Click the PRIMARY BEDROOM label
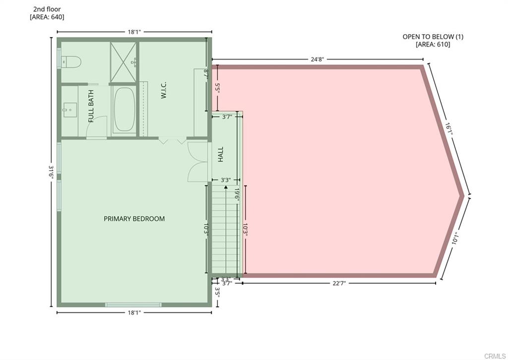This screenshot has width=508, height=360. pos(134,219)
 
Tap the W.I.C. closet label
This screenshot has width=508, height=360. pos(164,90)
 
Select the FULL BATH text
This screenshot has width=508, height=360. pos(91,110)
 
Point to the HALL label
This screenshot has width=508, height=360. pos(221,154)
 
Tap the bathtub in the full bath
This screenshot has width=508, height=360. pos(124,110)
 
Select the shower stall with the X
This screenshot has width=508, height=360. pos(124,61)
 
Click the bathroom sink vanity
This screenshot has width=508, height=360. pos(69,110)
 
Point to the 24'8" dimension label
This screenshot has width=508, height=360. pos(317,60)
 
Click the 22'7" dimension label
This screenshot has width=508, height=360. pos(339,284)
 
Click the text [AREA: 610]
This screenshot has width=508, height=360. pos(433,45)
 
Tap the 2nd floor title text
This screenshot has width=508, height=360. pos(47,9)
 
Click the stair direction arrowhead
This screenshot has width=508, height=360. pos(225,187)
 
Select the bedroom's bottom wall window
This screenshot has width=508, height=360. pos(133,304)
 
